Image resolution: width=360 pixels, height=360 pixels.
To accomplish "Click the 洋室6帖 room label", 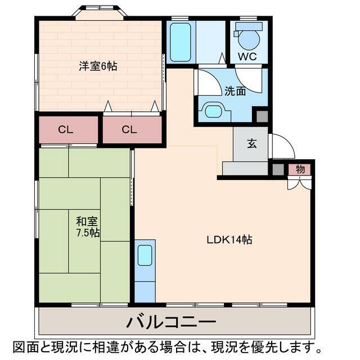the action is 98,66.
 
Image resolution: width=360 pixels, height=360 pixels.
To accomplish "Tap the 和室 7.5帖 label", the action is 88,227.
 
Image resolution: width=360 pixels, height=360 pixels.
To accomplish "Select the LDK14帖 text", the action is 229,240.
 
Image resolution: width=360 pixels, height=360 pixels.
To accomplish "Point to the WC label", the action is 247,56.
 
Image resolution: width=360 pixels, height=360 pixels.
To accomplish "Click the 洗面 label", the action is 235,91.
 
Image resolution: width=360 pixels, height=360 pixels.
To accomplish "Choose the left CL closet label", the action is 66,130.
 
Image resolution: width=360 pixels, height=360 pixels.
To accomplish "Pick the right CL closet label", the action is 129,130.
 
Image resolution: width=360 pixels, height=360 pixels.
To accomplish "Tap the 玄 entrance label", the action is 252,143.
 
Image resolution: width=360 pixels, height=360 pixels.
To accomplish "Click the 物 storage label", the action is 300,169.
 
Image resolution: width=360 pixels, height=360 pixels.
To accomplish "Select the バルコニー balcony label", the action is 171,322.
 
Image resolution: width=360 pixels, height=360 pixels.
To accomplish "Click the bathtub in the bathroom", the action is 181,42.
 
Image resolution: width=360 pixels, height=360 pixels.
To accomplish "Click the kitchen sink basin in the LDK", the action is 145,255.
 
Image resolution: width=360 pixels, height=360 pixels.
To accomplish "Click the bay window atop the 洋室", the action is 100,11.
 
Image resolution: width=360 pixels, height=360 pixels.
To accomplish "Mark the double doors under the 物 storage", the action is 300,183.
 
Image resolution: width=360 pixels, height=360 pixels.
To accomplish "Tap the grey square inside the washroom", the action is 262,116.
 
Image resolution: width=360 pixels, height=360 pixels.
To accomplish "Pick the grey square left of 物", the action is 278,170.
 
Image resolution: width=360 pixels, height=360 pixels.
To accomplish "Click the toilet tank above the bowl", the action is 249,26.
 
